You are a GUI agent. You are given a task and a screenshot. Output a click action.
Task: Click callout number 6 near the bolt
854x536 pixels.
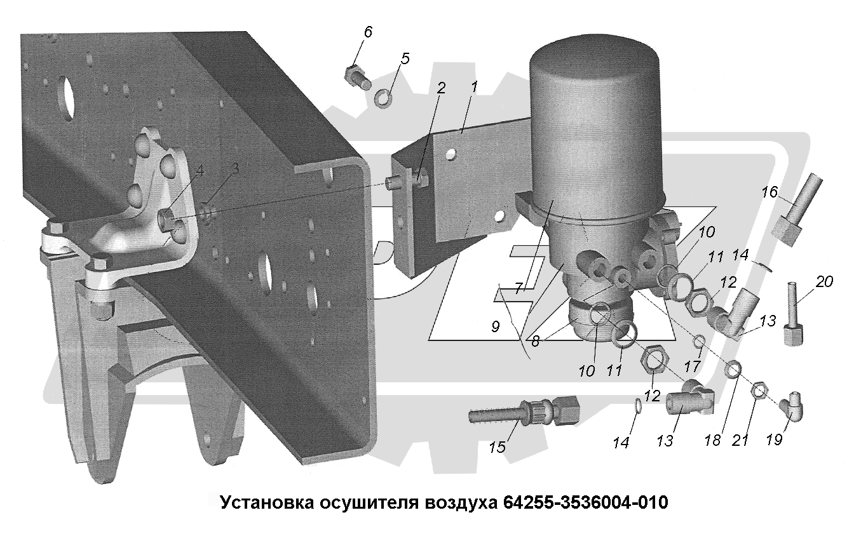click(x=367, y=32)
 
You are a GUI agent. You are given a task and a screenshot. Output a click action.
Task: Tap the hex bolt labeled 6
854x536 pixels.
click(x=357, y=77)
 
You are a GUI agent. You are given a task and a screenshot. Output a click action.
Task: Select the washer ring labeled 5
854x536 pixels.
click(x=382, y=98)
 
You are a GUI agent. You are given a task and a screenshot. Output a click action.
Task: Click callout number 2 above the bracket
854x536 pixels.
click(x=440, y=88)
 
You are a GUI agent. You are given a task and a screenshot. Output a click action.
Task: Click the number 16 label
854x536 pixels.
click(x=769, y=192)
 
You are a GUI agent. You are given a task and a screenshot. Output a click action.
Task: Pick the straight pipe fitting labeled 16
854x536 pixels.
click(x=796, y=209)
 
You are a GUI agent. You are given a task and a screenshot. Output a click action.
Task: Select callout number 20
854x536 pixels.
click(x=824, y=281)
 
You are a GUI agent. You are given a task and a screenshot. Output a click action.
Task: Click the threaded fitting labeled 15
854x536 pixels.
click(x=523, y=413)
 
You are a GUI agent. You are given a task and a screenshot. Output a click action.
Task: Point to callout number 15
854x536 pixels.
click(x=497, y=447)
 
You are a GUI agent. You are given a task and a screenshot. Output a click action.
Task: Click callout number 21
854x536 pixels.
click(x=740, y=441)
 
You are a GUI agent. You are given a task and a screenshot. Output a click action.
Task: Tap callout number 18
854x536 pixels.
click(x=712, y=440)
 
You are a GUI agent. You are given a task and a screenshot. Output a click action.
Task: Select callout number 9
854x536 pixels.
click(x=495, y=326)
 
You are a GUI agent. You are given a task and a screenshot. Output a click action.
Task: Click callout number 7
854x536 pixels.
click(x=518, y=288)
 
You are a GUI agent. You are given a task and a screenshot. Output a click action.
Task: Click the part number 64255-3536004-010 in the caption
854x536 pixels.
click(x=586, y=502)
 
